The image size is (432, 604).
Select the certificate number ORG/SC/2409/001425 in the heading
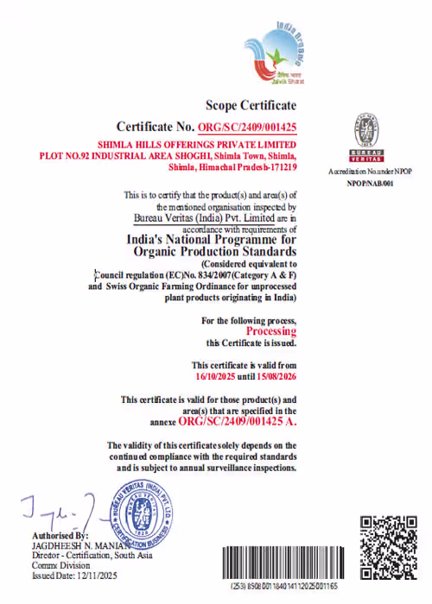[247, 128]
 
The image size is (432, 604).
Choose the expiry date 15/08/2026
[275, 376]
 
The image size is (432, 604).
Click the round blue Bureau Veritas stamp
[143, 515]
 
